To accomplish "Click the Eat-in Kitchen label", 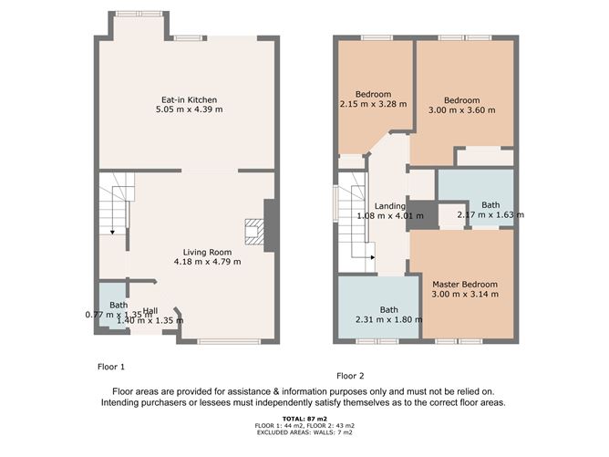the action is point(189,99).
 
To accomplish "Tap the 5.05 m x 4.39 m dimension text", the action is point(189,109).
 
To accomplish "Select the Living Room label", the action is point(207,252).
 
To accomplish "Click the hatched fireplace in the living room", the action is point(254,232).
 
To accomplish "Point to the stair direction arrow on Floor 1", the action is point(112,233).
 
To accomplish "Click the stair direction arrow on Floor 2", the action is point(373,257).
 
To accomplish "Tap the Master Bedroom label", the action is point(465,285).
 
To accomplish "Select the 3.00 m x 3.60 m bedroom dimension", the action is point(462,110).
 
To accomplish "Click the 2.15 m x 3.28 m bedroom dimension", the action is point(373,104).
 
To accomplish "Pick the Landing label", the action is point(390,206).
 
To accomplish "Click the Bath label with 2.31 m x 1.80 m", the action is point(388,310).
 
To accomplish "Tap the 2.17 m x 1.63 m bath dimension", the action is point(490,214).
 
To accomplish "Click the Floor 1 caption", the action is point(111,367).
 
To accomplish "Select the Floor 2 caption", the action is point(350,376).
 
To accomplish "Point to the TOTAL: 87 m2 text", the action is point(304,419).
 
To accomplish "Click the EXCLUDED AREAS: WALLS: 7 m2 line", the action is point(304,432).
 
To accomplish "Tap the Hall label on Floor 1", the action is point(150,311).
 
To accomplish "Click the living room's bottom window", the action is point(229,341).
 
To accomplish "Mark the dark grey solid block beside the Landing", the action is point(422,215).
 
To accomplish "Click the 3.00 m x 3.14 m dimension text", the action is point(465,294).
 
